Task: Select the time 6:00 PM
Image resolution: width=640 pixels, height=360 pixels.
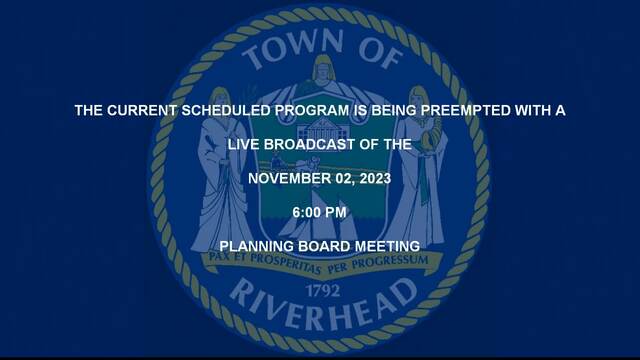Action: click(320, 212)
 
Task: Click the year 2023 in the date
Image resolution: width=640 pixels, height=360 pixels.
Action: click(376, 178)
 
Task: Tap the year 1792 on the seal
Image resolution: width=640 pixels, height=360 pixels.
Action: click(323, 291)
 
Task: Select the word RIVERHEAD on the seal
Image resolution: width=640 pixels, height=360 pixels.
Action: click(322, 305)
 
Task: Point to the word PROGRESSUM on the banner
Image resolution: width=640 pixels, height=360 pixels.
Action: click(390, 262)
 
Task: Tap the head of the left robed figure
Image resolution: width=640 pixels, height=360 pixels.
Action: click(220, 99)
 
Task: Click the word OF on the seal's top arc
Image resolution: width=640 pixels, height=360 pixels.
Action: click(381, 54)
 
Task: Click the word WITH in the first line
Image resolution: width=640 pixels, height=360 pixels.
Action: click(532, 110)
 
